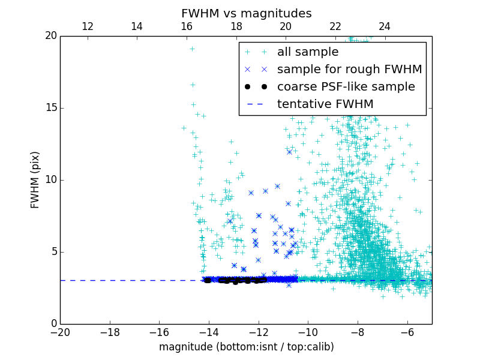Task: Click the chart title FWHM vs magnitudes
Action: coord(246,13)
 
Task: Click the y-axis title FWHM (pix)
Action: coord(35,179)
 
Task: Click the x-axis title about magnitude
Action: coord(246,347)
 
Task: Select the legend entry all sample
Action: coord(308,52)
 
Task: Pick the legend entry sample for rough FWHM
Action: coord(349,69)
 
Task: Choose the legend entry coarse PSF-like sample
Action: coord(346,86)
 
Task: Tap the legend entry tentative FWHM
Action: coord(325,104)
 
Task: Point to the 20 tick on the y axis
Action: coord(50,36)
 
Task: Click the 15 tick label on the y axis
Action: coord(50,108)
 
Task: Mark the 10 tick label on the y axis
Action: coord(50,180)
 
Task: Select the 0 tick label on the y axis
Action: coord(53,324)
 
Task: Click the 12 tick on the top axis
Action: coord(87,26)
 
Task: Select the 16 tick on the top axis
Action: coord(187,26)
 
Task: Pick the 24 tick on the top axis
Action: coord(385,26)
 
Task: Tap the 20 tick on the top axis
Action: coord(286,26)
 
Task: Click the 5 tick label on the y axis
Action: coord(53,252)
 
